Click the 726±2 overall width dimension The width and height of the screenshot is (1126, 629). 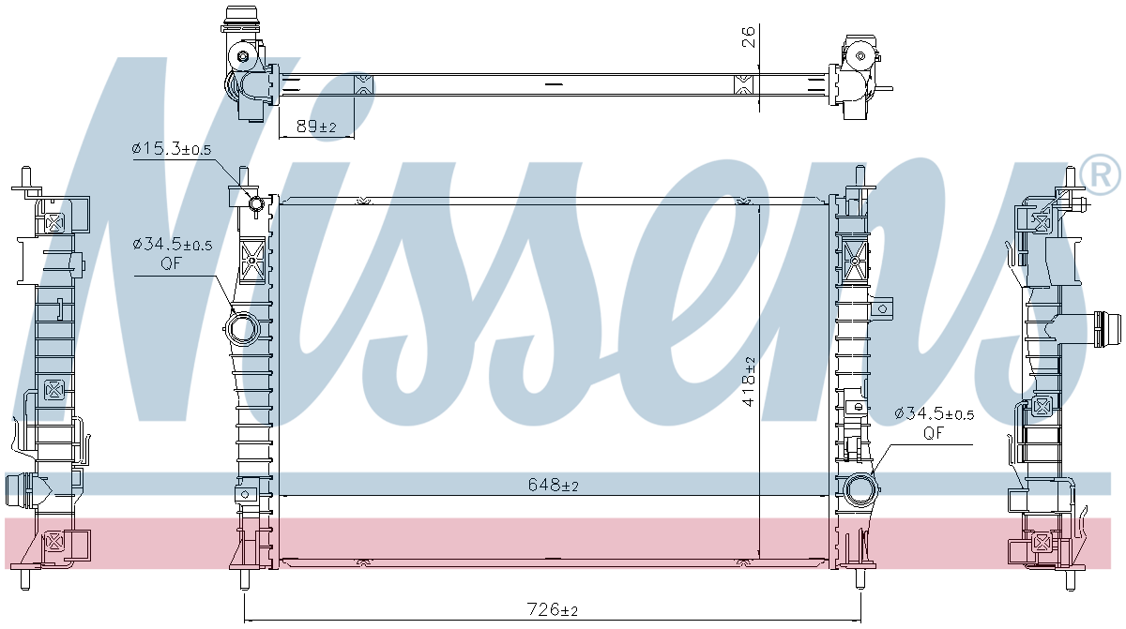point(554,610)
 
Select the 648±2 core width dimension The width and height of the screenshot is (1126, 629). point(553,485)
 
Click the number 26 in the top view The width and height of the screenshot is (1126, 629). point(748,38)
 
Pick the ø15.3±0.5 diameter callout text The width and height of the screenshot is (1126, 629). point(172,149)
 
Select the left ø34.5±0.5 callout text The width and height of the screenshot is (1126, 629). point(173,244)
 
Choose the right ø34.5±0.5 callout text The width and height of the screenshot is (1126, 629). point(934,413)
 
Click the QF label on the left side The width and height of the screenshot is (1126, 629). point(170,263)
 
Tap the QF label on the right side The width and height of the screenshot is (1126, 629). point(933,432)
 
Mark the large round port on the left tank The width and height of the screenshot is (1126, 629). point(243,329)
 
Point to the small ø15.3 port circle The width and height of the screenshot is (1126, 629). point(254,205)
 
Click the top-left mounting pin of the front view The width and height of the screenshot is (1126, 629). point(244,175)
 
